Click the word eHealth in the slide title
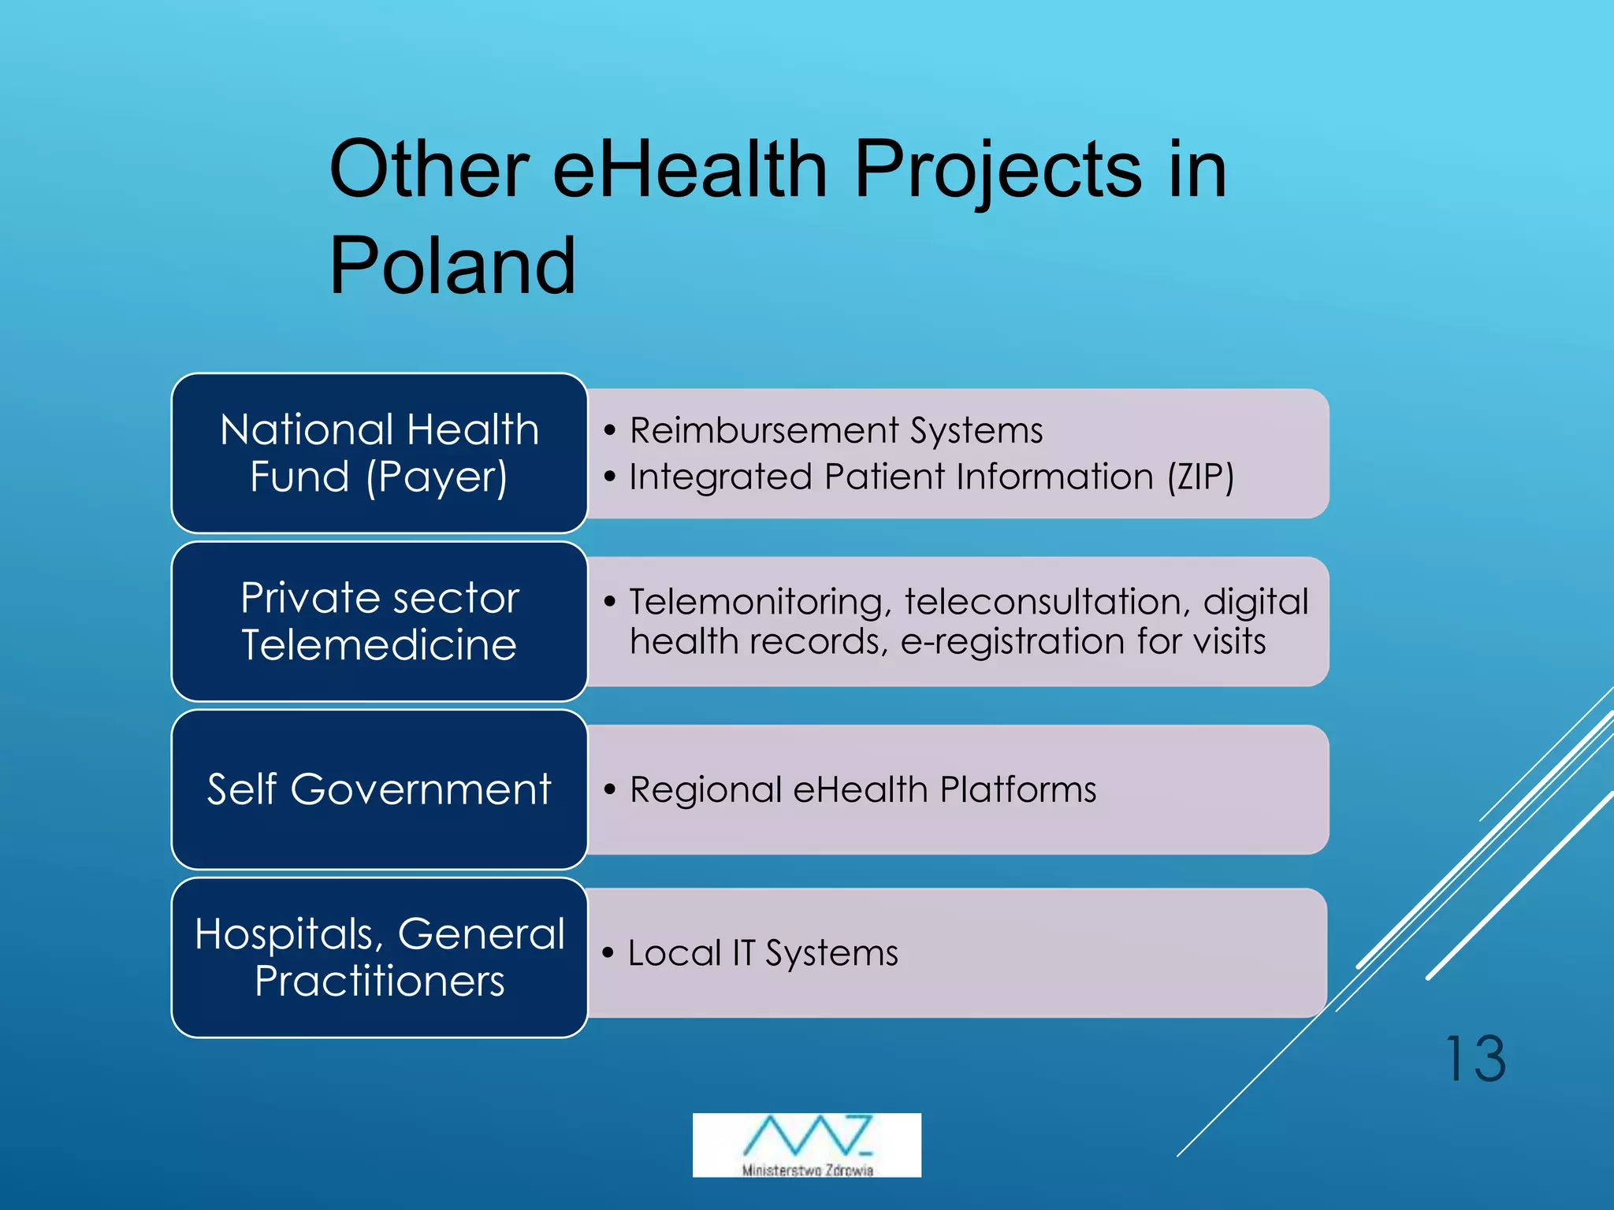coord(690,169)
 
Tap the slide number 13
coord(1475,1060)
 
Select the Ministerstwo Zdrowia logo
coord(806,1145)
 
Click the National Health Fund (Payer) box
coord(379,453)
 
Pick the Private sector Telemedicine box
coord(379,622)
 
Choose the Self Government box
coord(379,789)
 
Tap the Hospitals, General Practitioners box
coord(379,957)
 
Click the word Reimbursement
coord(764,431)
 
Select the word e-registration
coord(1012,641)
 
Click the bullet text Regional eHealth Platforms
coord(862,789)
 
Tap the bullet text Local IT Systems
coord(762,953)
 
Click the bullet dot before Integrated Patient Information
coord(609,477)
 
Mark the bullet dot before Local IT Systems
coord(608,952)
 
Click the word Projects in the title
coord(998,169)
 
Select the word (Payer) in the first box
coord(437,477)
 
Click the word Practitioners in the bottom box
coord(379,982)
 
